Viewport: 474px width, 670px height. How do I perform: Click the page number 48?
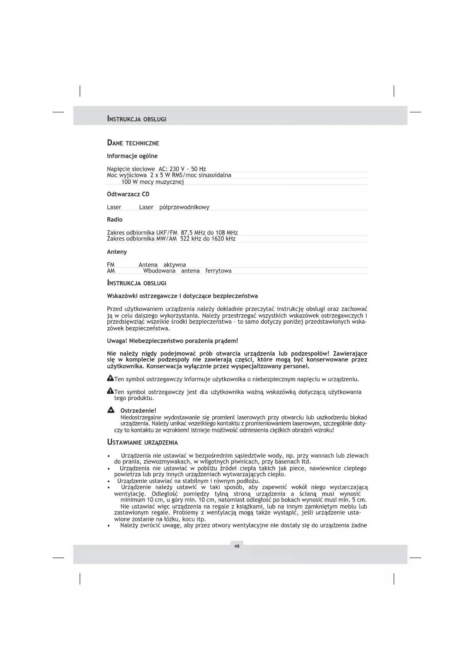pyautogui.click(x=237, y=546)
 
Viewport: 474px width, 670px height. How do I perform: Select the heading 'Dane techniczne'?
pyautogui.click(x=133, y=143)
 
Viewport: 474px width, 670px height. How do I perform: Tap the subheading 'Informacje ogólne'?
pyautogui.click(x=132, y=156)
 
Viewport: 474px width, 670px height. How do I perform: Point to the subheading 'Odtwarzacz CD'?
pyautogui.click(x=128, y=194)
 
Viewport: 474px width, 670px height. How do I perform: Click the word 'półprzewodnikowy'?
pyautogui.click(x=184, y=207)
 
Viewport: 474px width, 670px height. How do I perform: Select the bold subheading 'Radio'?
pyautogui.click(x=115, y=220)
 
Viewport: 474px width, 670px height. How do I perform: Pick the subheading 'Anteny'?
pyautogui.click(x=117, y=252)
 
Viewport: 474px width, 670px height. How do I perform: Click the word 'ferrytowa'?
pyautogui.click(x=218, y=271)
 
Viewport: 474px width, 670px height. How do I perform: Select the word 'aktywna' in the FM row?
pyautogui.click(x=175, y=265)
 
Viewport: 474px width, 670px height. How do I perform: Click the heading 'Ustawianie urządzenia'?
pyautogui.click(x=142, y=442)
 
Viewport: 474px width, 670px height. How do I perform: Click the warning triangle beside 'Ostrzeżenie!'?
pyautogui.click(x=111, y=410)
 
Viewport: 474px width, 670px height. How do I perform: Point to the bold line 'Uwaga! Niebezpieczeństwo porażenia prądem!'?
pyautogui.click(x=172, y=341)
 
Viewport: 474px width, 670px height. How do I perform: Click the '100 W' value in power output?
pyautogui.click(x=129, y=182)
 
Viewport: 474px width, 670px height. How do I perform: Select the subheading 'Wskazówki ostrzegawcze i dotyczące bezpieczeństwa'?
pyautogui.click(x=182, y=296)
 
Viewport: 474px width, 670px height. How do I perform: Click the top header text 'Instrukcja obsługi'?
pyautogui.click(x=137, y=119)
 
